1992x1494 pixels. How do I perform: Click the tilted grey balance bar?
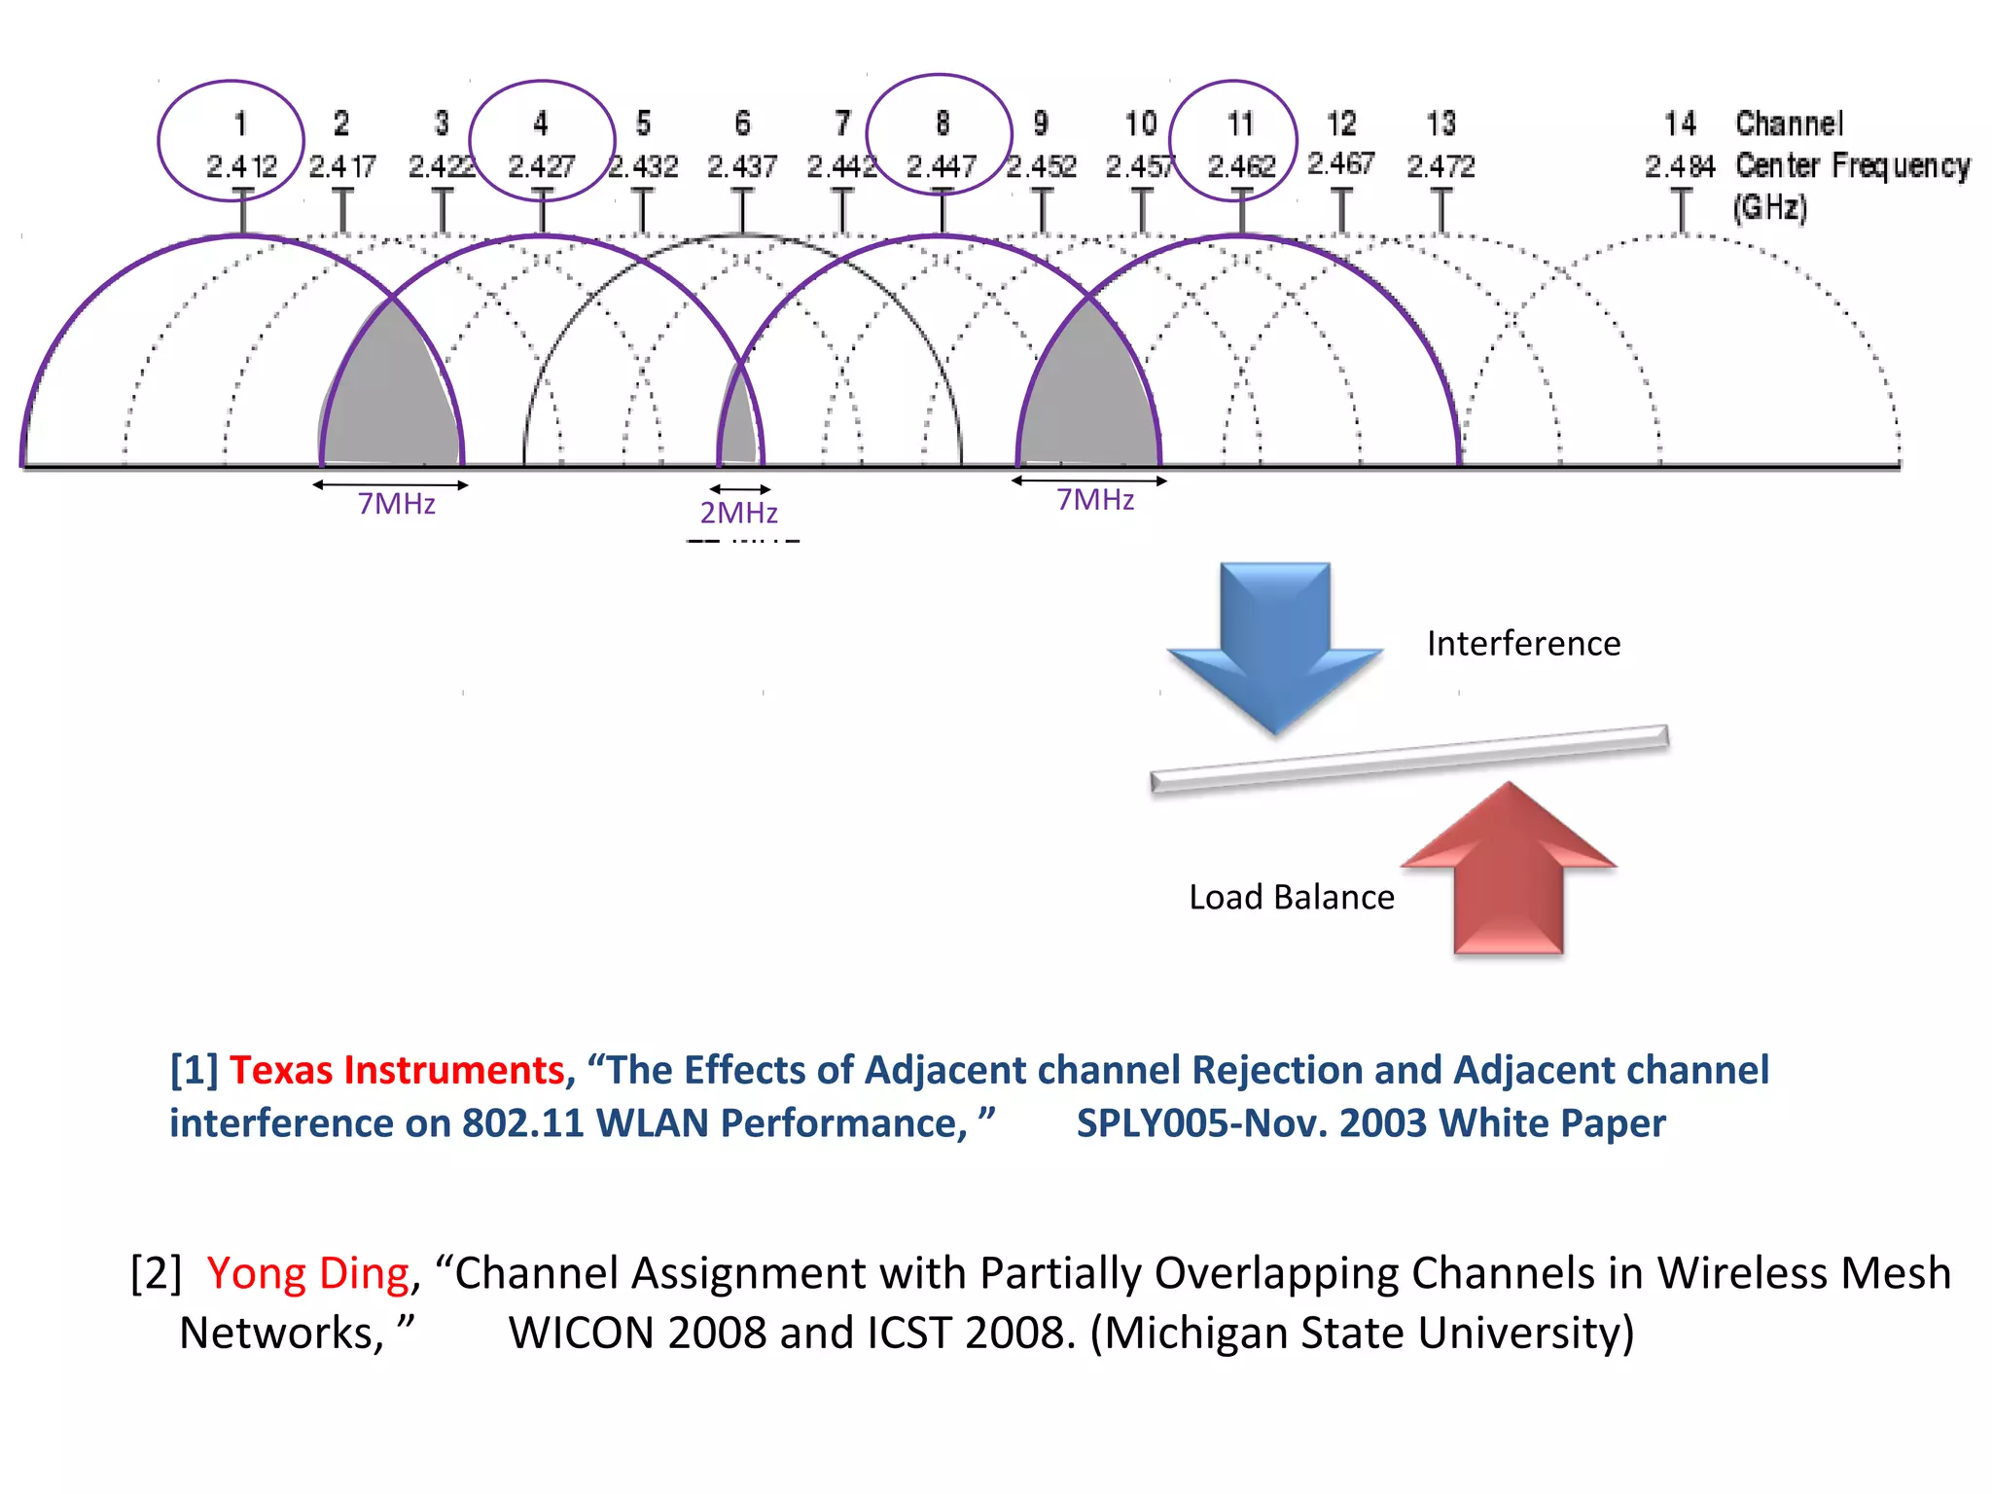click(1409, 759)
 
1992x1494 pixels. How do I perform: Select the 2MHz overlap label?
click(739, 513)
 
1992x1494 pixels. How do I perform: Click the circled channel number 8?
click(942, 124)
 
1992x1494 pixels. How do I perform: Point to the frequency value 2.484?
click(1680, 166)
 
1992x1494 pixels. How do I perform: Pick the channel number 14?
click(1680, 124)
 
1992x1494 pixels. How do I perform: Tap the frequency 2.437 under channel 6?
click(742, 166)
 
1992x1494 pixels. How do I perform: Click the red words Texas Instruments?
click(397, 1070)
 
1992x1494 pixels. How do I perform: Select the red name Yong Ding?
click(308, 1273)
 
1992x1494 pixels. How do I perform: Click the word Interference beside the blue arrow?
click(1523, 644)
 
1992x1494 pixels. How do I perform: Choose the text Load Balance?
click(1292, 897)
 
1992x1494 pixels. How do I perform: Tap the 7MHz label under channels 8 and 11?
click(1095, 500)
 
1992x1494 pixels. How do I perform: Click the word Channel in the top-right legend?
click(1789, 124)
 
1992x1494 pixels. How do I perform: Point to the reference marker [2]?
click(156, 1273)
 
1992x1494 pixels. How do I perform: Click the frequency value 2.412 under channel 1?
click(241, 166)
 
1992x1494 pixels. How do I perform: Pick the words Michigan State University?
click(1362, 1333)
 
